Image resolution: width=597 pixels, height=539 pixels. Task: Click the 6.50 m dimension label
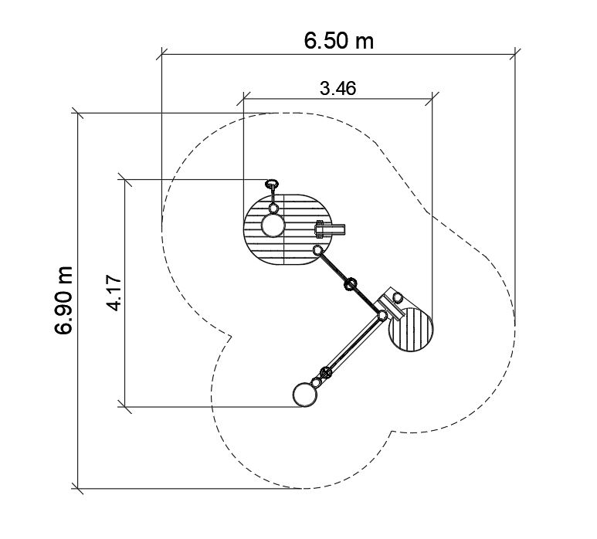(338, 41)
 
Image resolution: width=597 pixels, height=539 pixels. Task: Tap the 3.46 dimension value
(338, 88)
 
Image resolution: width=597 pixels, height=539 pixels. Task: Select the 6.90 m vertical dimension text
(63, 300)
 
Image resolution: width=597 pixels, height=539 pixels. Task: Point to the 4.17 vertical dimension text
(114, 293)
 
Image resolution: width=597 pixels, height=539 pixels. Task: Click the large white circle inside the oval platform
(273, 225)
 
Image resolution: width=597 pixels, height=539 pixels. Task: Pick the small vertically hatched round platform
(411, 329)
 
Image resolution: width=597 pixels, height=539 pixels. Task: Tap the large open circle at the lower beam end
(305, 395)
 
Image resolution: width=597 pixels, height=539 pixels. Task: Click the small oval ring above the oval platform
(271, 185)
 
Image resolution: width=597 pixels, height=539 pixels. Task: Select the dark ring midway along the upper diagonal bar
(351, 284)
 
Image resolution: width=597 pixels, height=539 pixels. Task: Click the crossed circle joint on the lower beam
(326, 372)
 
